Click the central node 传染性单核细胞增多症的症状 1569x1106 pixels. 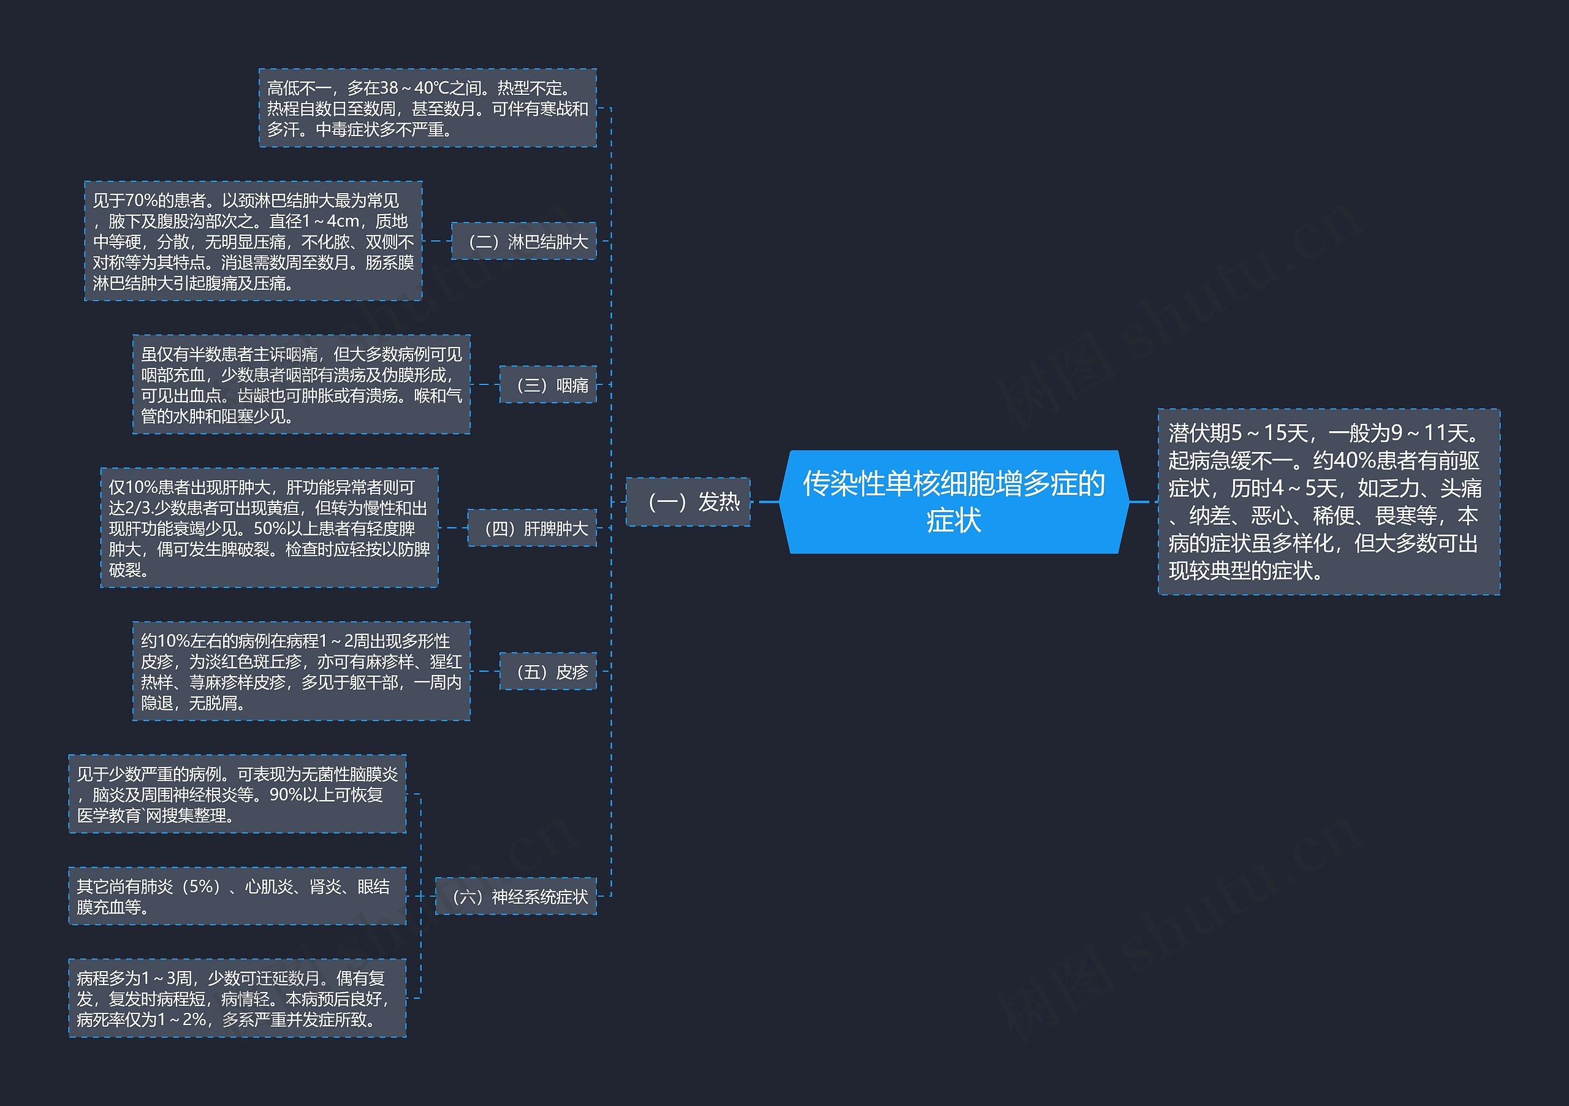(x=954, y=502)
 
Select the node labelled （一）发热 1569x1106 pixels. (x=688, y=502)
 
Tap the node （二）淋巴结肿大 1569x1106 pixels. (x=523, y=242)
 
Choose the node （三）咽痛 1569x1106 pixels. (x=548, y=385)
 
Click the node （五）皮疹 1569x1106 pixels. (x=548, y=671)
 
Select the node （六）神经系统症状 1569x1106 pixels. (x=516, y=896)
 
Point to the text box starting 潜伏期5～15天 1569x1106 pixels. (x=1329, y=502)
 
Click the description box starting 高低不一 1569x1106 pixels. (x=428, y=108)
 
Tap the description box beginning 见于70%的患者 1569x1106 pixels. (x=254, y=242)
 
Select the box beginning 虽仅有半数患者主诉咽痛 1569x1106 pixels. (x=302, y=385)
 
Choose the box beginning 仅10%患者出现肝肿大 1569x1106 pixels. (x=269, y=528)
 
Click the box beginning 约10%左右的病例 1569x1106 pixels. (x=302, y=671)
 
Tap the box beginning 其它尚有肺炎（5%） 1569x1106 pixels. (x=237, y=896)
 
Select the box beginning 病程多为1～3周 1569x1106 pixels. (x=237, y=999)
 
